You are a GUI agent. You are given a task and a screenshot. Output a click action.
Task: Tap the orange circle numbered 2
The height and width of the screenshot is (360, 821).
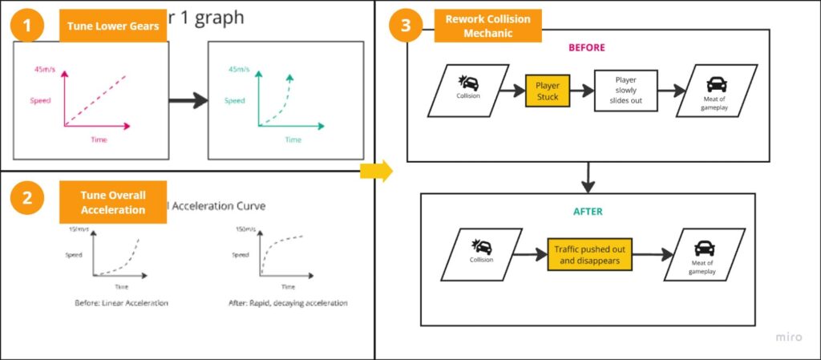[27, 198]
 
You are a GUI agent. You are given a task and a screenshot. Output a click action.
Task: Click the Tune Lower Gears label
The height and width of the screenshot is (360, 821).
[113, 26]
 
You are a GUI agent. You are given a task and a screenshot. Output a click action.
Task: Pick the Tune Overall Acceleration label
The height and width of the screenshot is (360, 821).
[112, 203]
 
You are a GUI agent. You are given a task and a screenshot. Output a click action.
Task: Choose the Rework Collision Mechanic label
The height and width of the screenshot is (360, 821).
[487, 26]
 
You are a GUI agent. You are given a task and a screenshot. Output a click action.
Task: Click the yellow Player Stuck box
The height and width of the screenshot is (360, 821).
[547, 91]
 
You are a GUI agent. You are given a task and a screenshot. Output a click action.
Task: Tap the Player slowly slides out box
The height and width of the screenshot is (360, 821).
[625, 91]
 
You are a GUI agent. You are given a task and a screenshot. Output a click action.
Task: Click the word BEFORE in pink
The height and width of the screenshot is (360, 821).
[587, 47]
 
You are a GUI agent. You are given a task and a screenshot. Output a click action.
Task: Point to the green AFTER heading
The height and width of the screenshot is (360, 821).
[588, 212]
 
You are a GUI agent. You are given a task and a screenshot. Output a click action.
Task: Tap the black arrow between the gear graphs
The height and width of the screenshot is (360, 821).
[188, 101]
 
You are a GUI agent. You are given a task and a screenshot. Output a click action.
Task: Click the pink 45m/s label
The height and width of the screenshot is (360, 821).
[45, 70]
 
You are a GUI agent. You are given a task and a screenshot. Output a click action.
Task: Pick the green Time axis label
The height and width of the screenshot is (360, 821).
[293, 140]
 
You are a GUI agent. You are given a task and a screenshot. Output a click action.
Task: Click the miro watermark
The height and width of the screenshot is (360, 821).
[788, 338]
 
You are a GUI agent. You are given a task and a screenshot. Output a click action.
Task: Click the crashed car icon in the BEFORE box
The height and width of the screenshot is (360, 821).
[467, 83]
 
